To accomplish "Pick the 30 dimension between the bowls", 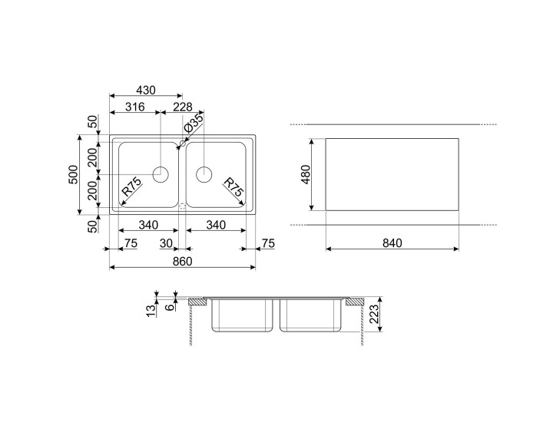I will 166,243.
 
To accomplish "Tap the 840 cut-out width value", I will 392,243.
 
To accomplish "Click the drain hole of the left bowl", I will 160,174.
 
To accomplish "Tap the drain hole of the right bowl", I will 205,174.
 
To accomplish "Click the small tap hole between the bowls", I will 182,143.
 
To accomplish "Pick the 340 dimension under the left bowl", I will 147,225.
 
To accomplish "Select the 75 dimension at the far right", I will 267,243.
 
